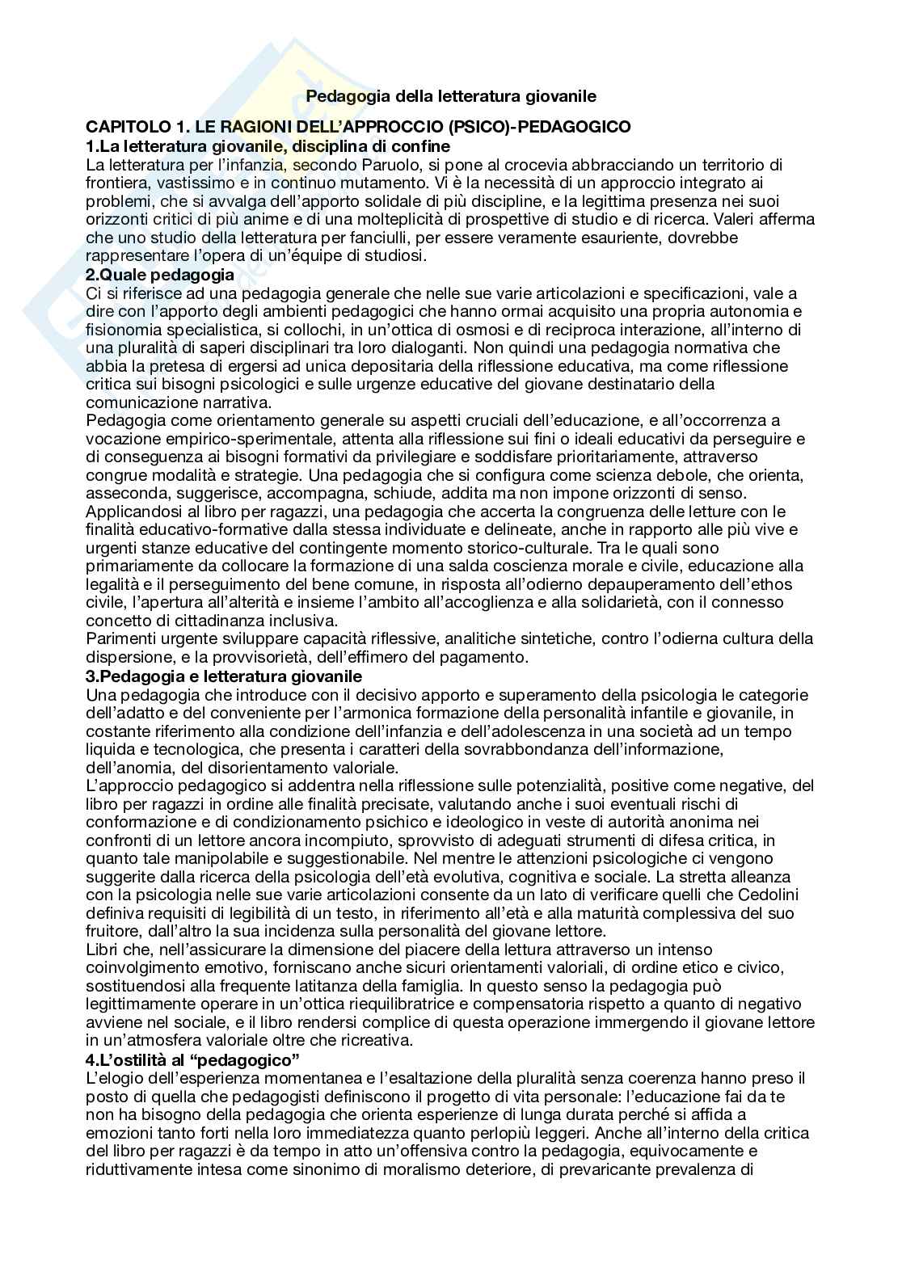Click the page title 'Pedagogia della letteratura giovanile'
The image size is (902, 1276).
pyautogui.click(x=451, y=96)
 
